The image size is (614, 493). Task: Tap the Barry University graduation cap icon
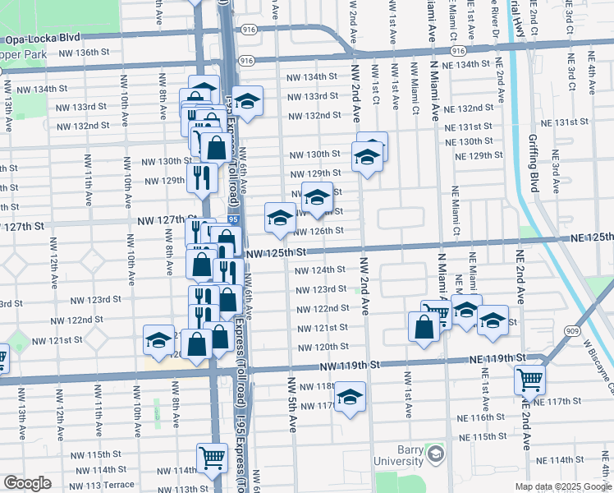click(435, 454)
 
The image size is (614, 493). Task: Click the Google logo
click(27, 483)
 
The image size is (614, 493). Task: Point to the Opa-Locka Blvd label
click(43, 39)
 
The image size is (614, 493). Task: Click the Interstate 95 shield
click(233, 220)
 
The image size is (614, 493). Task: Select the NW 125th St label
click(275, 253)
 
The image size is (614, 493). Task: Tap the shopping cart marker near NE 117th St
click(529, 380)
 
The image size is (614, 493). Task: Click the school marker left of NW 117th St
click(351, 397)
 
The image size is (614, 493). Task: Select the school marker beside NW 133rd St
click(247, 101)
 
